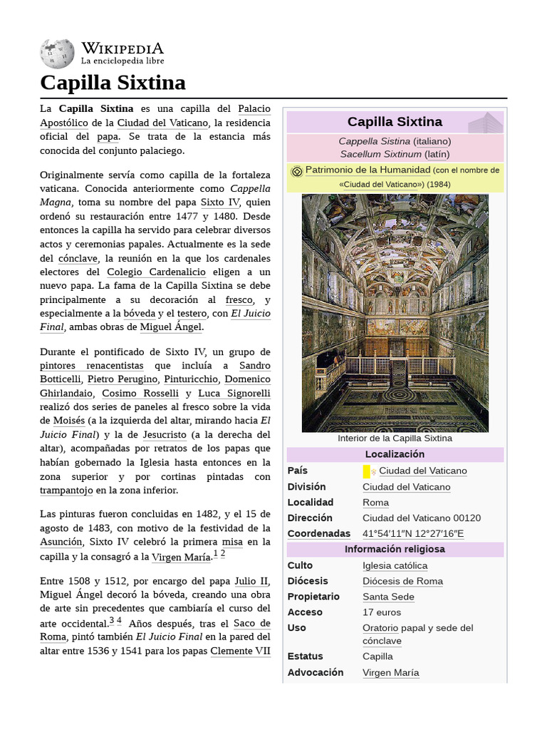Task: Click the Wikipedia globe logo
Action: click(57, 53)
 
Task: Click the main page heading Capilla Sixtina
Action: click(113, 83)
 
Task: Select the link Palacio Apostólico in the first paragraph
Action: click(254, 109)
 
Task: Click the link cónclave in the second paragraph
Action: click(78, 258)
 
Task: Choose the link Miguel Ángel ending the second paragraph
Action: click(171, 327)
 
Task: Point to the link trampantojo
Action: click(66, 490)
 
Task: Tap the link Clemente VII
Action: click(240, 651)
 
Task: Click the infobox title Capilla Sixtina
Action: click(395, 122)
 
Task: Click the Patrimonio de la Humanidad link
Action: click(368, 170)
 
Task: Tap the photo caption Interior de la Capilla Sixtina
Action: click(395, 438)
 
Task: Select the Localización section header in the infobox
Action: click(395, 455)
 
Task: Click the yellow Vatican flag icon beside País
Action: click(367, 471)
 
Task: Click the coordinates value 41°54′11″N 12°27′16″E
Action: click(413, 534)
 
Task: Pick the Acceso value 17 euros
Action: click(382, 612)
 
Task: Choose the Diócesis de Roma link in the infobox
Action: click(402, 581)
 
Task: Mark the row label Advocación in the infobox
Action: click(316, 672)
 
